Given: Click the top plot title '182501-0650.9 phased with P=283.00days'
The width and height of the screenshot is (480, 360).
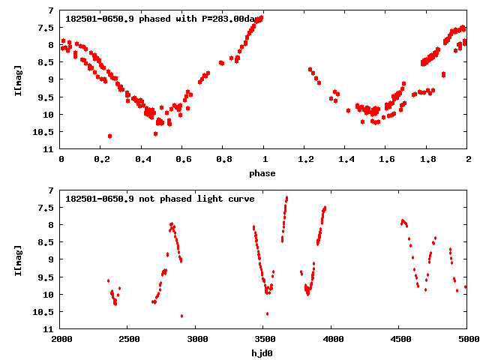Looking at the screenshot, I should (165, 19).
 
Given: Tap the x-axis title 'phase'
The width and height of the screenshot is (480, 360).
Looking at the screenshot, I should (262, 173).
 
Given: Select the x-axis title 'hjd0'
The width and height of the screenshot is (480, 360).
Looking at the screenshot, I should (262, 353).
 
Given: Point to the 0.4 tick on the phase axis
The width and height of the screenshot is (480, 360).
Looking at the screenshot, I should (142, 160).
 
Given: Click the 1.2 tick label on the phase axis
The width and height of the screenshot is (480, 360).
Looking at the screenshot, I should (305, 160).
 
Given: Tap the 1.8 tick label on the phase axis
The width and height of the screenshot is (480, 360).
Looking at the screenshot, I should (427, 160).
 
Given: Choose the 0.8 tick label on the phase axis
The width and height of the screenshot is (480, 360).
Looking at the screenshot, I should (223, 160).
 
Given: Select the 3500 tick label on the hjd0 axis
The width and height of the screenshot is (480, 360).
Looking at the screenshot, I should (262, 340).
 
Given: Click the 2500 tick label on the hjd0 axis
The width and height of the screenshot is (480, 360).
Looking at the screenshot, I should (127, 340).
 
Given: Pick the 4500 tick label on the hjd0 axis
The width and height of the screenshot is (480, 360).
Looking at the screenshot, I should (398, 340).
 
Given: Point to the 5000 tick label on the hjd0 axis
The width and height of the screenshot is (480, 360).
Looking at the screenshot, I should (466, 340).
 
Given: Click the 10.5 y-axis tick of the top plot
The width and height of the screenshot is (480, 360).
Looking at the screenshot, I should (46, 132).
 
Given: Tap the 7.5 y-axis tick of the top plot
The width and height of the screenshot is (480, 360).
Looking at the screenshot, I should (46, 28).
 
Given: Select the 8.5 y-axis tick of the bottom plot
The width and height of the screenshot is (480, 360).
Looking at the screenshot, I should (46, 242).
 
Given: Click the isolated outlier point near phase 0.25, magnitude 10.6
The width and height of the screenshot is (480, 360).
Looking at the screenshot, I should (110, 136).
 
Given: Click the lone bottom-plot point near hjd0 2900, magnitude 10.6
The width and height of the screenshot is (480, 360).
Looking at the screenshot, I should (181, 316).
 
